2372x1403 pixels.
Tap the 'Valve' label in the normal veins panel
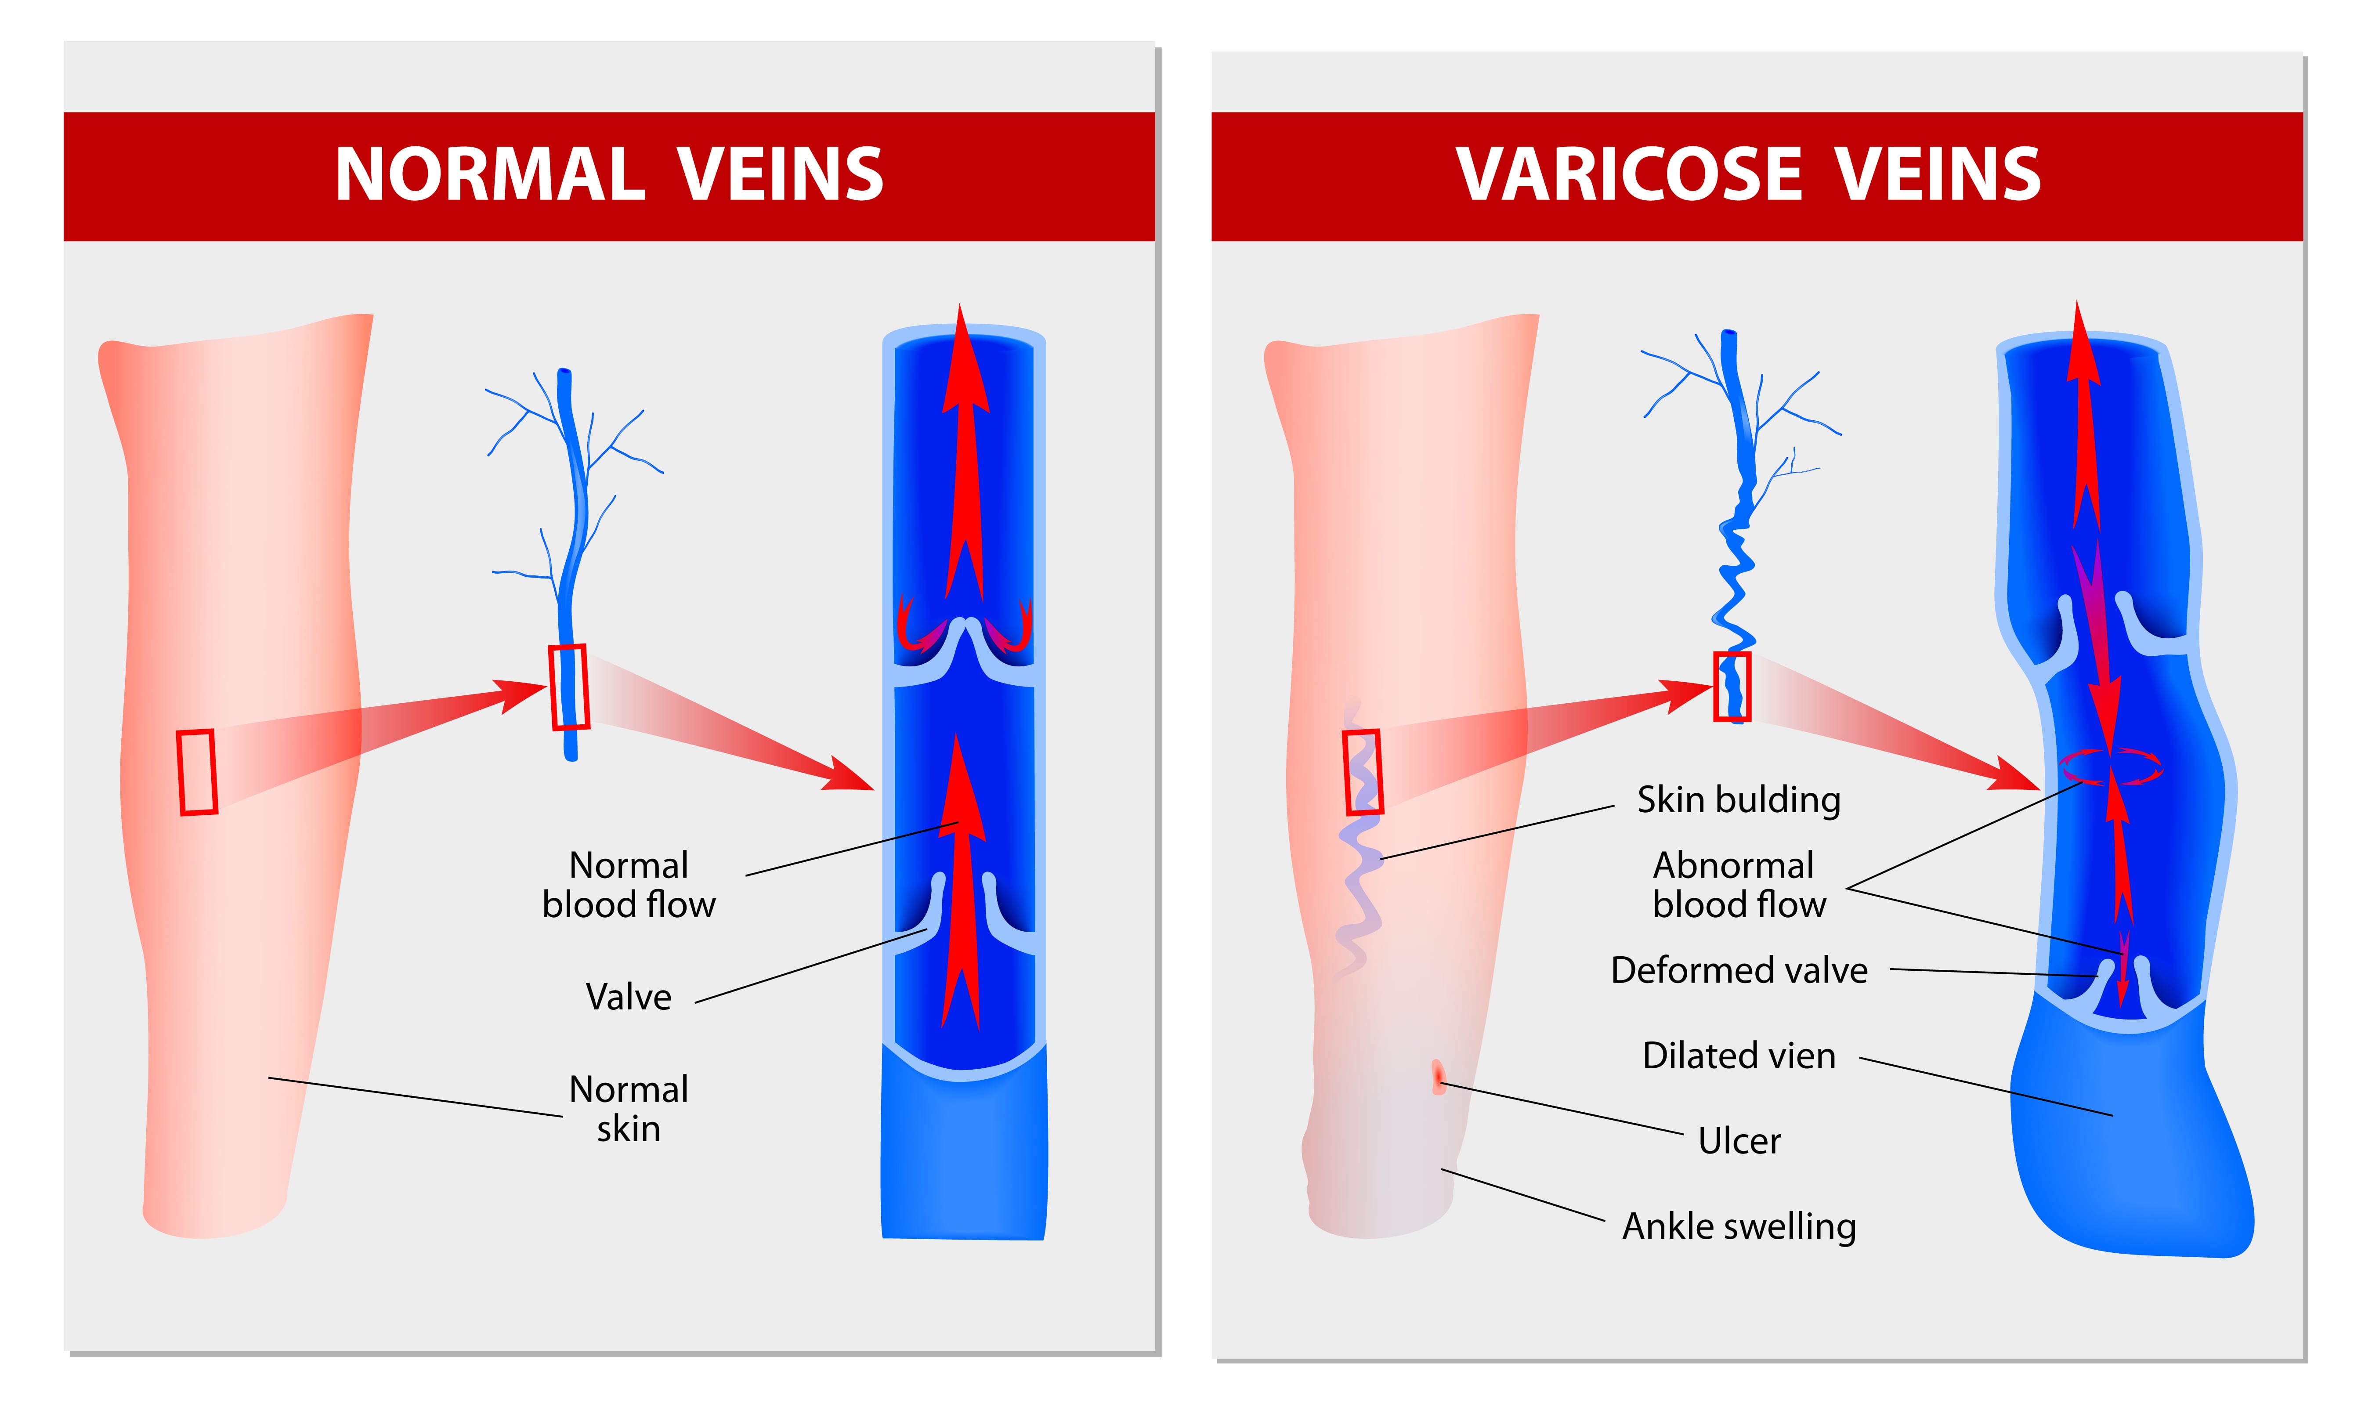[x=629, y=997]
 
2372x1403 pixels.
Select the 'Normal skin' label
[x=629, y=1108]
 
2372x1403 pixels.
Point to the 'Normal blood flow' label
[x=629, y=885]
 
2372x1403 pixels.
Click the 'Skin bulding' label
[x=1739, y=800]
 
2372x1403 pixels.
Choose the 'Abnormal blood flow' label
[x=1739, y=885]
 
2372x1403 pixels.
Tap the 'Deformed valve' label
[x=1739, y=970]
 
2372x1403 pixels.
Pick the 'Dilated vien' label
[x=1739, y=1055]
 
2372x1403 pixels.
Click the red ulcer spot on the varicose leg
[x=1439, y=1077]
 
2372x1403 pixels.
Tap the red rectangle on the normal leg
[x=198, y=771]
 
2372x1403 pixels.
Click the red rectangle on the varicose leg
[x=1363, y=771]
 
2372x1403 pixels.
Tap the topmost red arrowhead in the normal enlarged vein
[x=962, y=359]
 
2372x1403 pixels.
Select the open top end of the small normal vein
[x=564, y=372]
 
